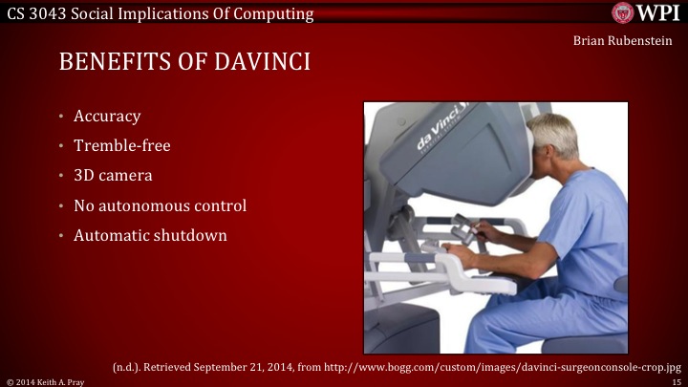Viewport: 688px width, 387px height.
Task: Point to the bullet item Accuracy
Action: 107,117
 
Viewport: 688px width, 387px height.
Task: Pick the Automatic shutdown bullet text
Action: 150,235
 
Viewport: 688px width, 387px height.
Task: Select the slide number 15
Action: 674,379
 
